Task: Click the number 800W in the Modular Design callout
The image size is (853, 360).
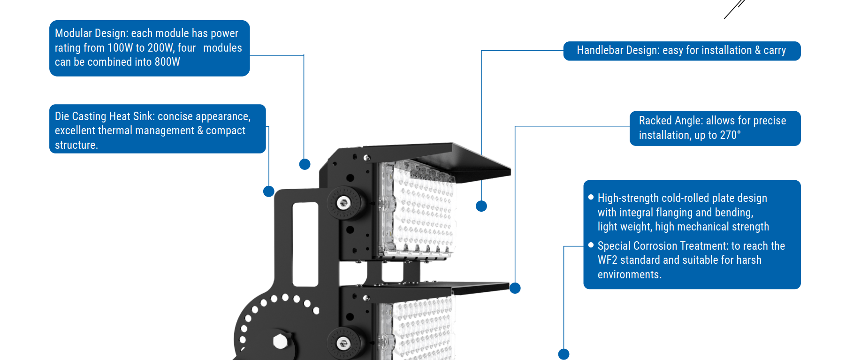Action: (x=167, y=62)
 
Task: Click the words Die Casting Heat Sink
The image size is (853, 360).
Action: (x=105, y=116)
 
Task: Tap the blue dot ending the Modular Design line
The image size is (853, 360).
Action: (x=305, y=164)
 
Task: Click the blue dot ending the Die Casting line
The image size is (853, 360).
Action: (x=269, y=191)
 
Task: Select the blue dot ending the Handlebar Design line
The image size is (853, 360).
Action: (x=481, y=206)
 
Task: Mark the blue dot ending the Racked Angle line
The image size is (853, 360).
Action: (x=515, y=288)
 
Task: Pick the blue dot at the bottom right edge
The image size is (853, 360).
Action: (x=564, y=354)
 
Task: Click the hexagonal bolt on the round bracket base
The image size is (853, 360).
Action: (x=280, y=341)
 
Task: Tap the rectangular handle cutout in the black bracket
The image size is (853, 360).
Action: (x=305, y=244)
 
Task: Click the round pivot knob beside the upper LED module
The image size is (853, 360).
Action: (x=344, y=203)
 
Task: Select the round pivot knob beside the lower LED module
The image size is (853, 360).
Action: (x=344, y=343)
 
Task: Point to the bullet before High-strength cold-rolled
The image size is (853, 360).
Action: (x=591, y=198)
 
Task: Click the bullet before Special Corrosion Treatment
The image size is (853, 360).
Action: (x=591, y=245)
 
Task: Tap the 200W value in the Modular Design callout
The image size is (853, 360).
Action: (x=160, y=48)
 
